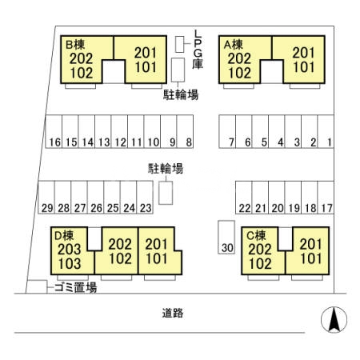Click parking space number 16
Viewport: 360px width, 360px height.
[54, 131]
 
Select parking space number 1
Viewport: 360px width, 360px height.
[326, 131]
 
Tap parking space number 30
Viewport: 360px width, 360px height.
[226, 238]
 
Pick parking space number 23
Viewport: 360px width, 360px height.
[145, 198]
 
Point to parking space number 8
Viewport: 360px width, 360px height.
[185, 131]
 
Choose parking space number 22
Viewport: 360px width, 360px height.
[244, 198]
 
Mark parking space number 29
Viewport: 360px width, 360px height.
[46, 198]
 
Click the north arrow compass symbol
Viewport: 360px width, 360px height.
[334, 319]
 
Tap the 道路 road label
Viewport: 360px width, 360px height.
[173, 313]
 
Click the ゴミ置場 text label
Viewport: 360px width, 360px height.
[75, 288]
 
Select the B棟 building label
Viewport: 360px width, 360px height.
[75, 45]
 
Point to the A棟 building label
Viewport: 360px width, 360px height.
[234, 45]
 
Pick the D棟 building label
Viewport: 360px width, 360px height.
[64, 235]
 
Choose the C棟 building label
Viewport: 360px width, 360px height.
[256, 235]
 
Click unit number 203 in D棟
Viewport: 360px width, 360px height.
[70, 250]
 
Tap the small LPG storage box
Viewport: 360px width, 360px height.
[180, 44]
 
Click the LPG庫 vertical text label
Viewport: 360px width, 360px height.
[198, 50]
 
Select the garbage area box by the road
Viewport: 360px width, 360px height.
[37, 286]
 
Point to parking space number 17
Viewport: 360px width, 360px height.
[326, 198]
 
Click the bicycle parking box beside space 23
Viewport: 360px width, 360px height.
[166, 193]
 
